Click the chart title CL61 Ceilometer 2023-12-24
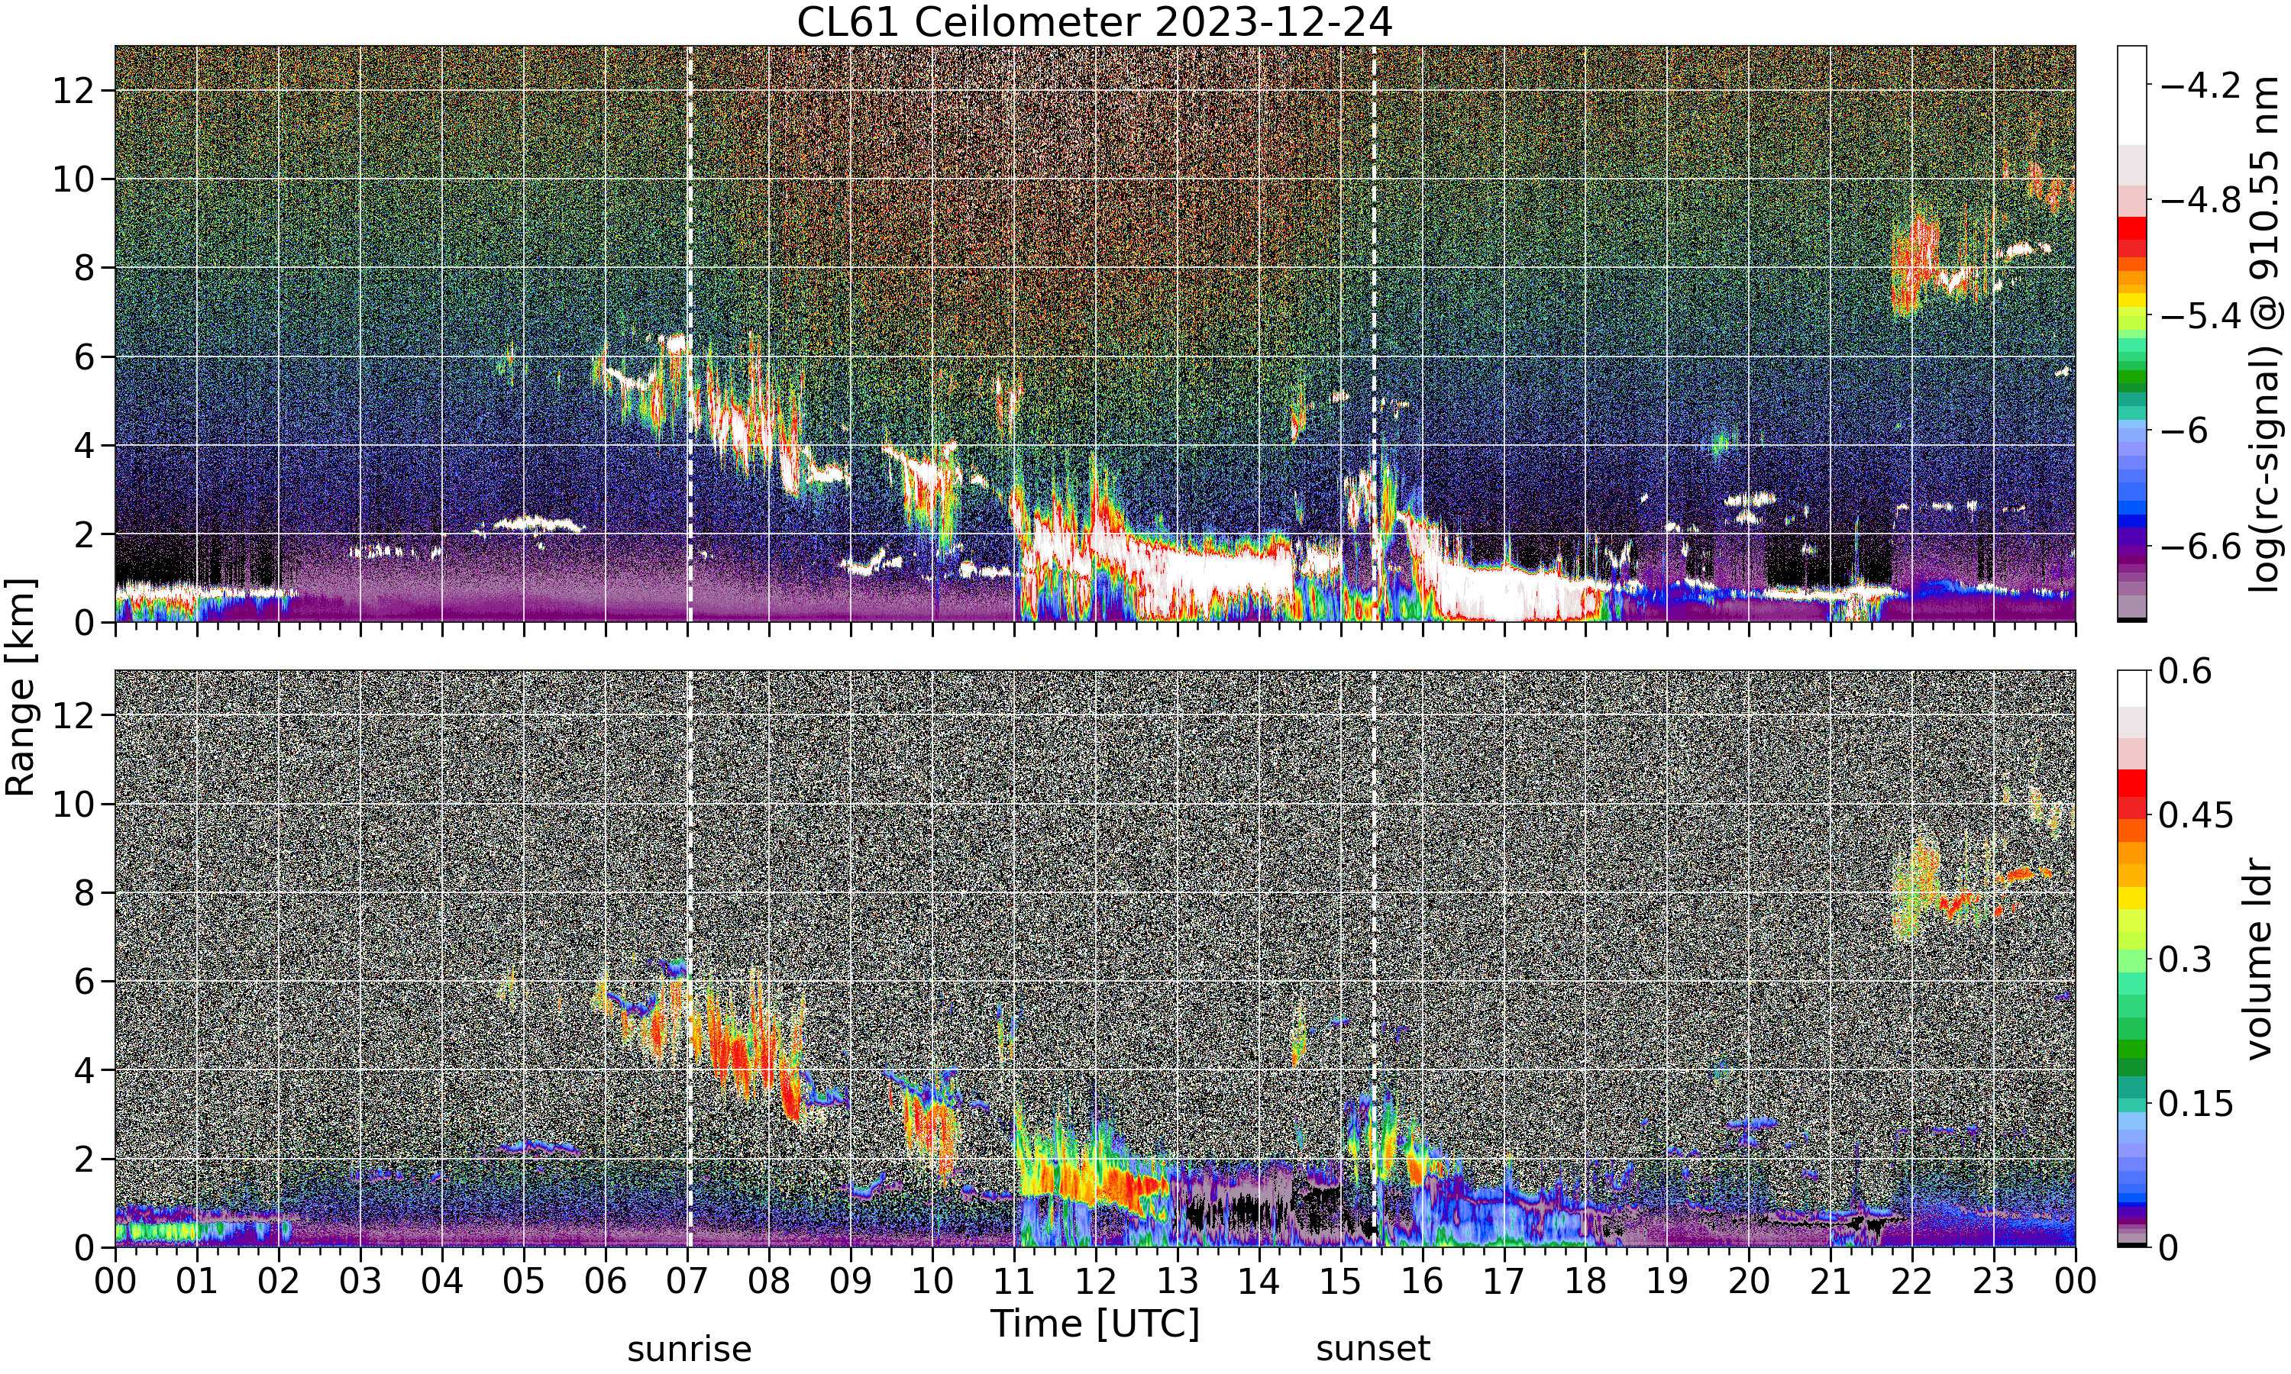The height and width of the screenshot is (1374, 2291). tap(1094, 22)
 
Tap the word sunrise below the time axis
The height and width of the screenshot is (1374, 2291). tap(689, 1349)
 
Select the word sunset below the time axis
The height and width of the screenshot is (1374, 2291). tap(1373, 1349)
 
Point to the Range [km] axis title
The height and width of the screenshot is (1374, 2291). tap(21, 687)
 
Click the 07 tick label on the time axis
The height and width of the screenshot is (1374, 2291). tap(687, 1282)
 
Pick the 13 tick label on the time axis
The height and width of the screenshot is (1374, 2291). tap(1177, 1282)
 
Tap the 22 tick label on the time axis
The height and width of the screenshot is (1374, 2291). tap(1911, 1282)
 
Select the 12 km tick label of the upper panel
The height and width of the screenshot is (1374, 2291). tap(73, 91)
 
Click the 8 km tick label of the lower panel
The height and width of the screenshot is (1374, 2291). tap(86, 892)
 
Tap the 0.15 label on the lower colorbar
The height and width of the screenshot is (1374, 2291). tap(2196, 1104)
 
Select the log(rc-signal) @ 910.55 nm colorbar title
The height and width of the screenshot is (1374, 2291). tap(2265, 334)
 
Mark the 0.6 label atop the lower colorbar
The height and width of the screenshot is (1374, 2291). tap(2186, 671)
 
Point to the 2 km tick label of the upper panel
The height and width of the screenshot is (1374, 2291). tap(86, 534)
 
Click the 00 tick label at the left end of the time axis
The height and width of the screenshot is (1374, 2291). tap(115, 1282)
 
